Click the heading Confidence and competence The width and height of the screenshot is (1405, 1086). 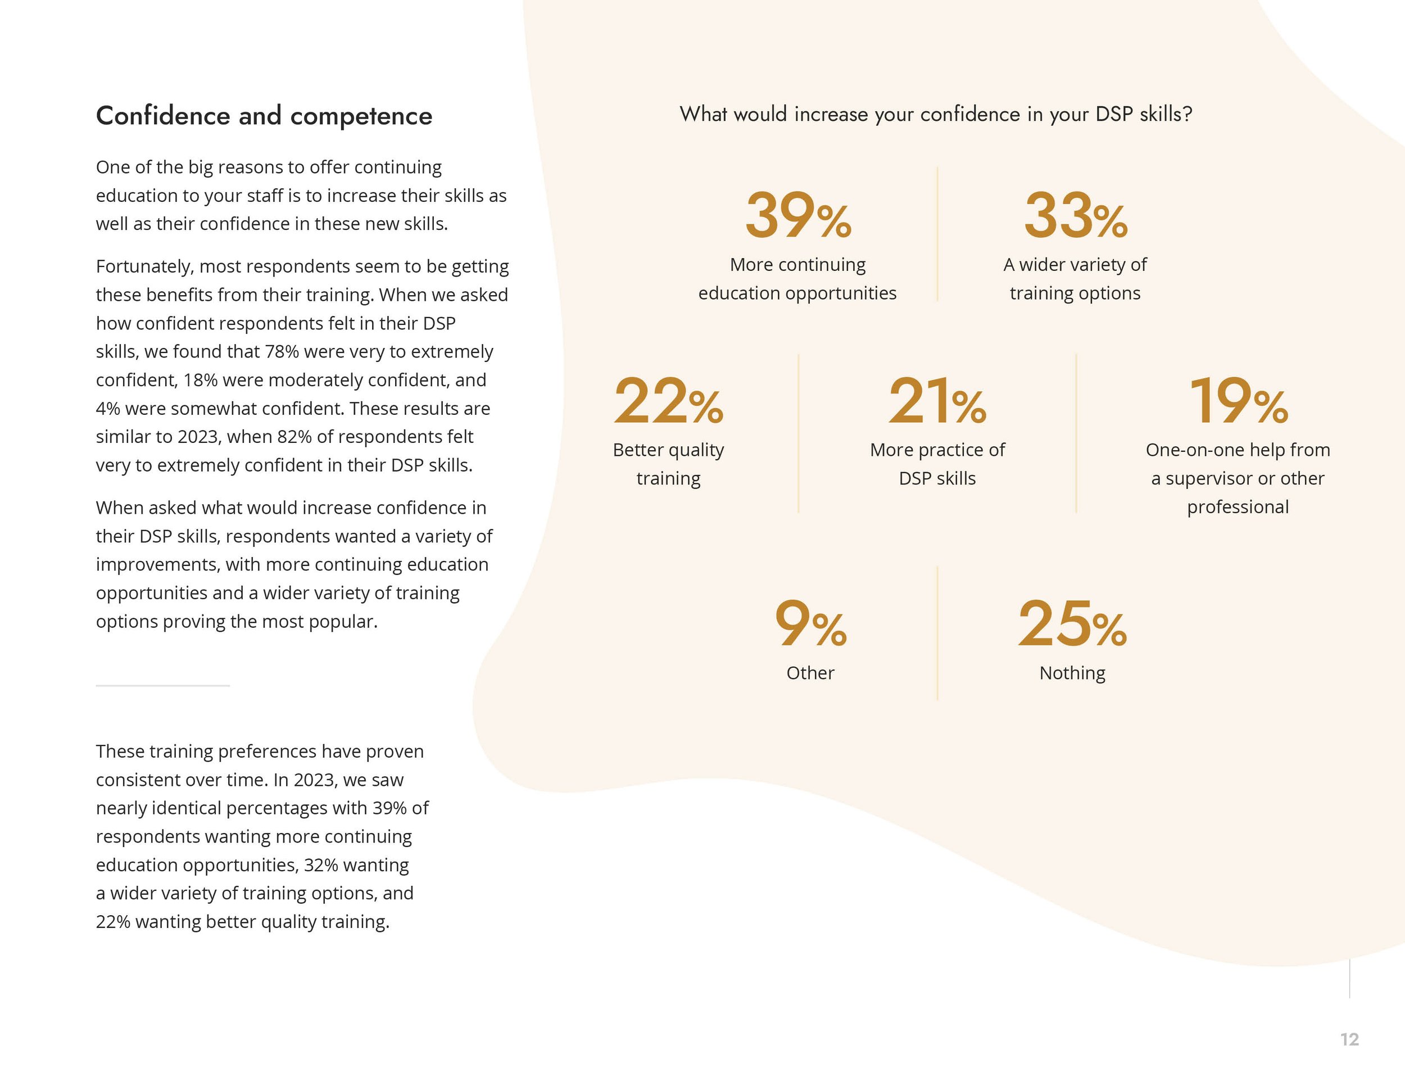[x=264, y=116]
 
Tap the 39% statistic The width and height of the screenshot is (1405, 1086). [x=797, y=215]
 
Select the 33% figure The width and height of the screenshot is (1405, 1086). [x=1075, y=215]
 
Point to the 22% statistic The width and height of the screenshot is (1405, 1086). [x=668, y=401]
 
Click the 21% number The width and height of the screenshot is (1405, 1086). [x=937, y=401]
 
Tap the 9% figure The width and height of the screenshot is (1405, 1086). [x=810, y=623]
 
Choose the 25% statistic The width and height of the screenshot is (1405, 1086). [x=1072, y=623]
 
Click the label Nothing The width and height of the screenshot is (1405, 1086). [x=1072, y=673]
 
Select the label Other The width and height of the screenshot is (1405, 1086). [x=810, y=673]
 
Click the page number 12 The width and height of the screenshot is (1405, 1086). [x=1349, y=1040]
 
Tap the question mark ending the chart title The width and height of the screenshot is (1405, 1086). [x=1187, y=115]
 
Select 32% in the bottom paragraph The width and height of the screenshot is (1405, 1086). [x=320, y=865]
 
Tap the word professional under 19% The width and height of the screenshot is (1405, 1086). [x=1238, y=507]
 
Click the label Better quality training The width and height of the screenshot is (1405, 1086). [x=668, y=464]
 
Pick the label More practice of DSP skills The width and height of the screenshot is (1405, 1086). [x=937, y=464]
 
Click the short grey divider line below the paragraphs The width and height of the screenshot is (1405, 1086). [x=163, y=686]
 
